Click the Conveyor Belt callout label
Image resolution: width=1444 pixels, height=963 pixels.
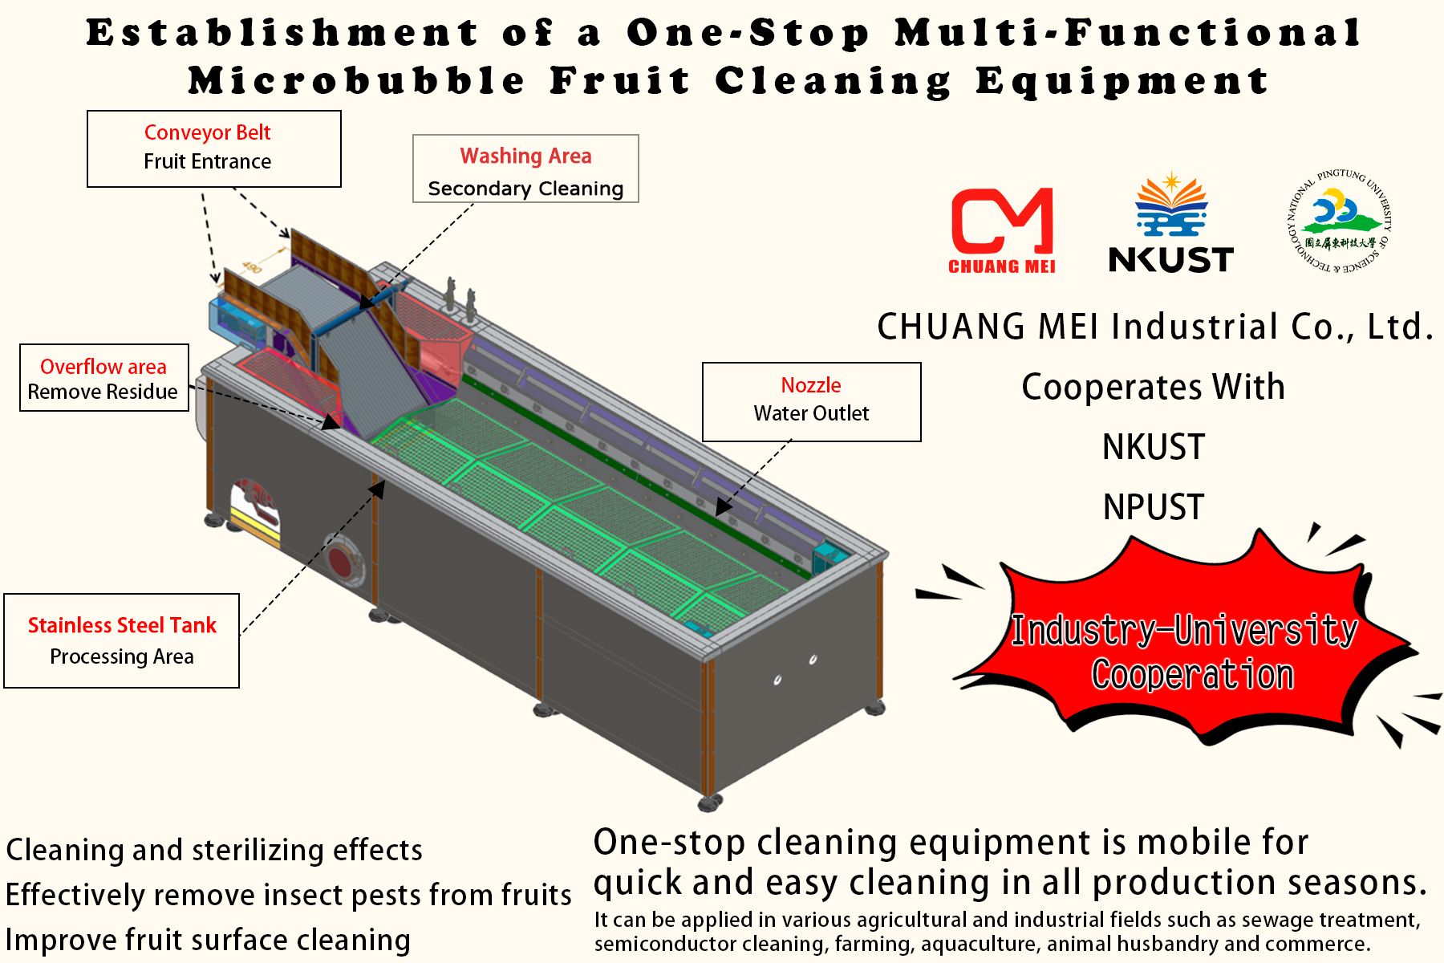coord(213,148)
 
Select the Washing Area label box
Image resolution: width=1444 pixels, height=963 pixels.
coord(525,169)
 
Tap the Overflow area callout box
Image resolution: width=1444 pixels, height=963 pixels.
coord(104,378)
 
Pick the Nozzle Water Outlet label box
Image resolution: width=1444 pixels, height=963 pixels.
coord(811,401)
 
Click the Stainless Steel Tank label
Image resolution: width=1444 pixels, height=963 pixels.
coord(122,640)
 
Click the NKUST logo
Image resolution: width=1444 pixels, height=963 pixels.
coord(1171,225)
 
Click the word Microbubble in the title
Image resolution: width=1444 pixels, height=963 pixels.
coord(356,81)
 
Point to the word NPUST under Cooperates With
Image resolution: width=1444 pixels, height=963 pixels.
coord(1154,507)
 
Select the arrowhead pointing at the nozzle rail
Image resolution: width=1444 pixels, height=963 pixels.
coord(723,507)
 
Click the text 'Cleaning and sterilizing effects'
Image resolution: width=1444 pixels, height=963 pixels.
coord(214,850)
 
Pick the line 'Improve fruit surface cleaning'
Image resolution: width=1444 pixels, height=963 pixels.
coord(208,940)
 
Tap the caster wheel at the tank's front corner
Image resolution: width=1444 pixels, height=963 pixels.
coord(709,801)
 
